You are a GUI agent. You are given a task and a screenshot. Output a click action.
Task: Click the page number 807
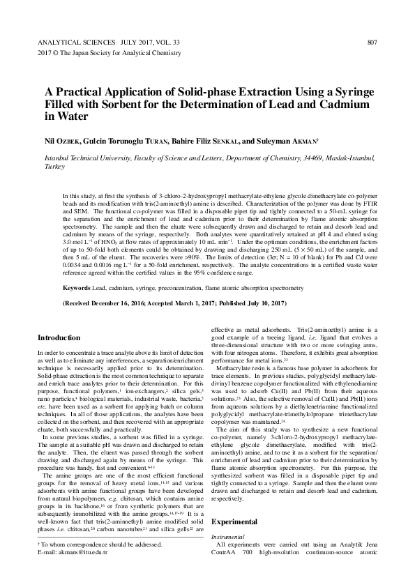tap(371, 43)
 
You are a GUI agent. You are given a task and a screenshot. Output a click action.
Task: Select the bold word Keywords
tap(76, 287)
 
